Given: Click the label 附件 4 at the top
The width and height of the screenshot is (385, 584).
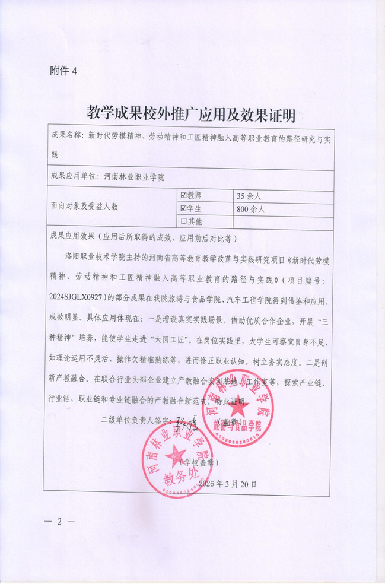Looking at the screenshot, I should (x=63, y=71).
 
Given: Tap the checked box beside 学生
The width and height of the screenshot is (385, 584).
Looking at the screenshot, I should (x=183, y=208).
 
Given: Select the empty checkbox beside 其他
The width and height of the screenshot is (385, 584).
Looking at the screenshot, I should (x=183, y=221).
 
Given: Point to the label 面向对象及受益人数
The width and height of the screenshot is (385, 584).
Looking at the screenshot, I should (x=85, y=207).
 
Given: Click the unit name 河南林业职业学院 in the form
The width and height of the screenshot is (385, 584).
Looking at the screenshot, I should (x=133, y=176).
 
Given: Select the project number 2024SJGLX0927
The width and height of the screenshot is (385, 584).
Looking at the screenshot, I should (x=79, y=295).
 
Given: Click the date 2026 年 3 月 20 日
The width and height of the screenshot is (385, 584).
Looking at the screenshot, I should (x=228, y=484).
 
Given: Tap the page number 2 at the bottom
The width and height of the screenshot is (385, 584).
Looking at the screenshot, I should (x=59, y=522).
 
